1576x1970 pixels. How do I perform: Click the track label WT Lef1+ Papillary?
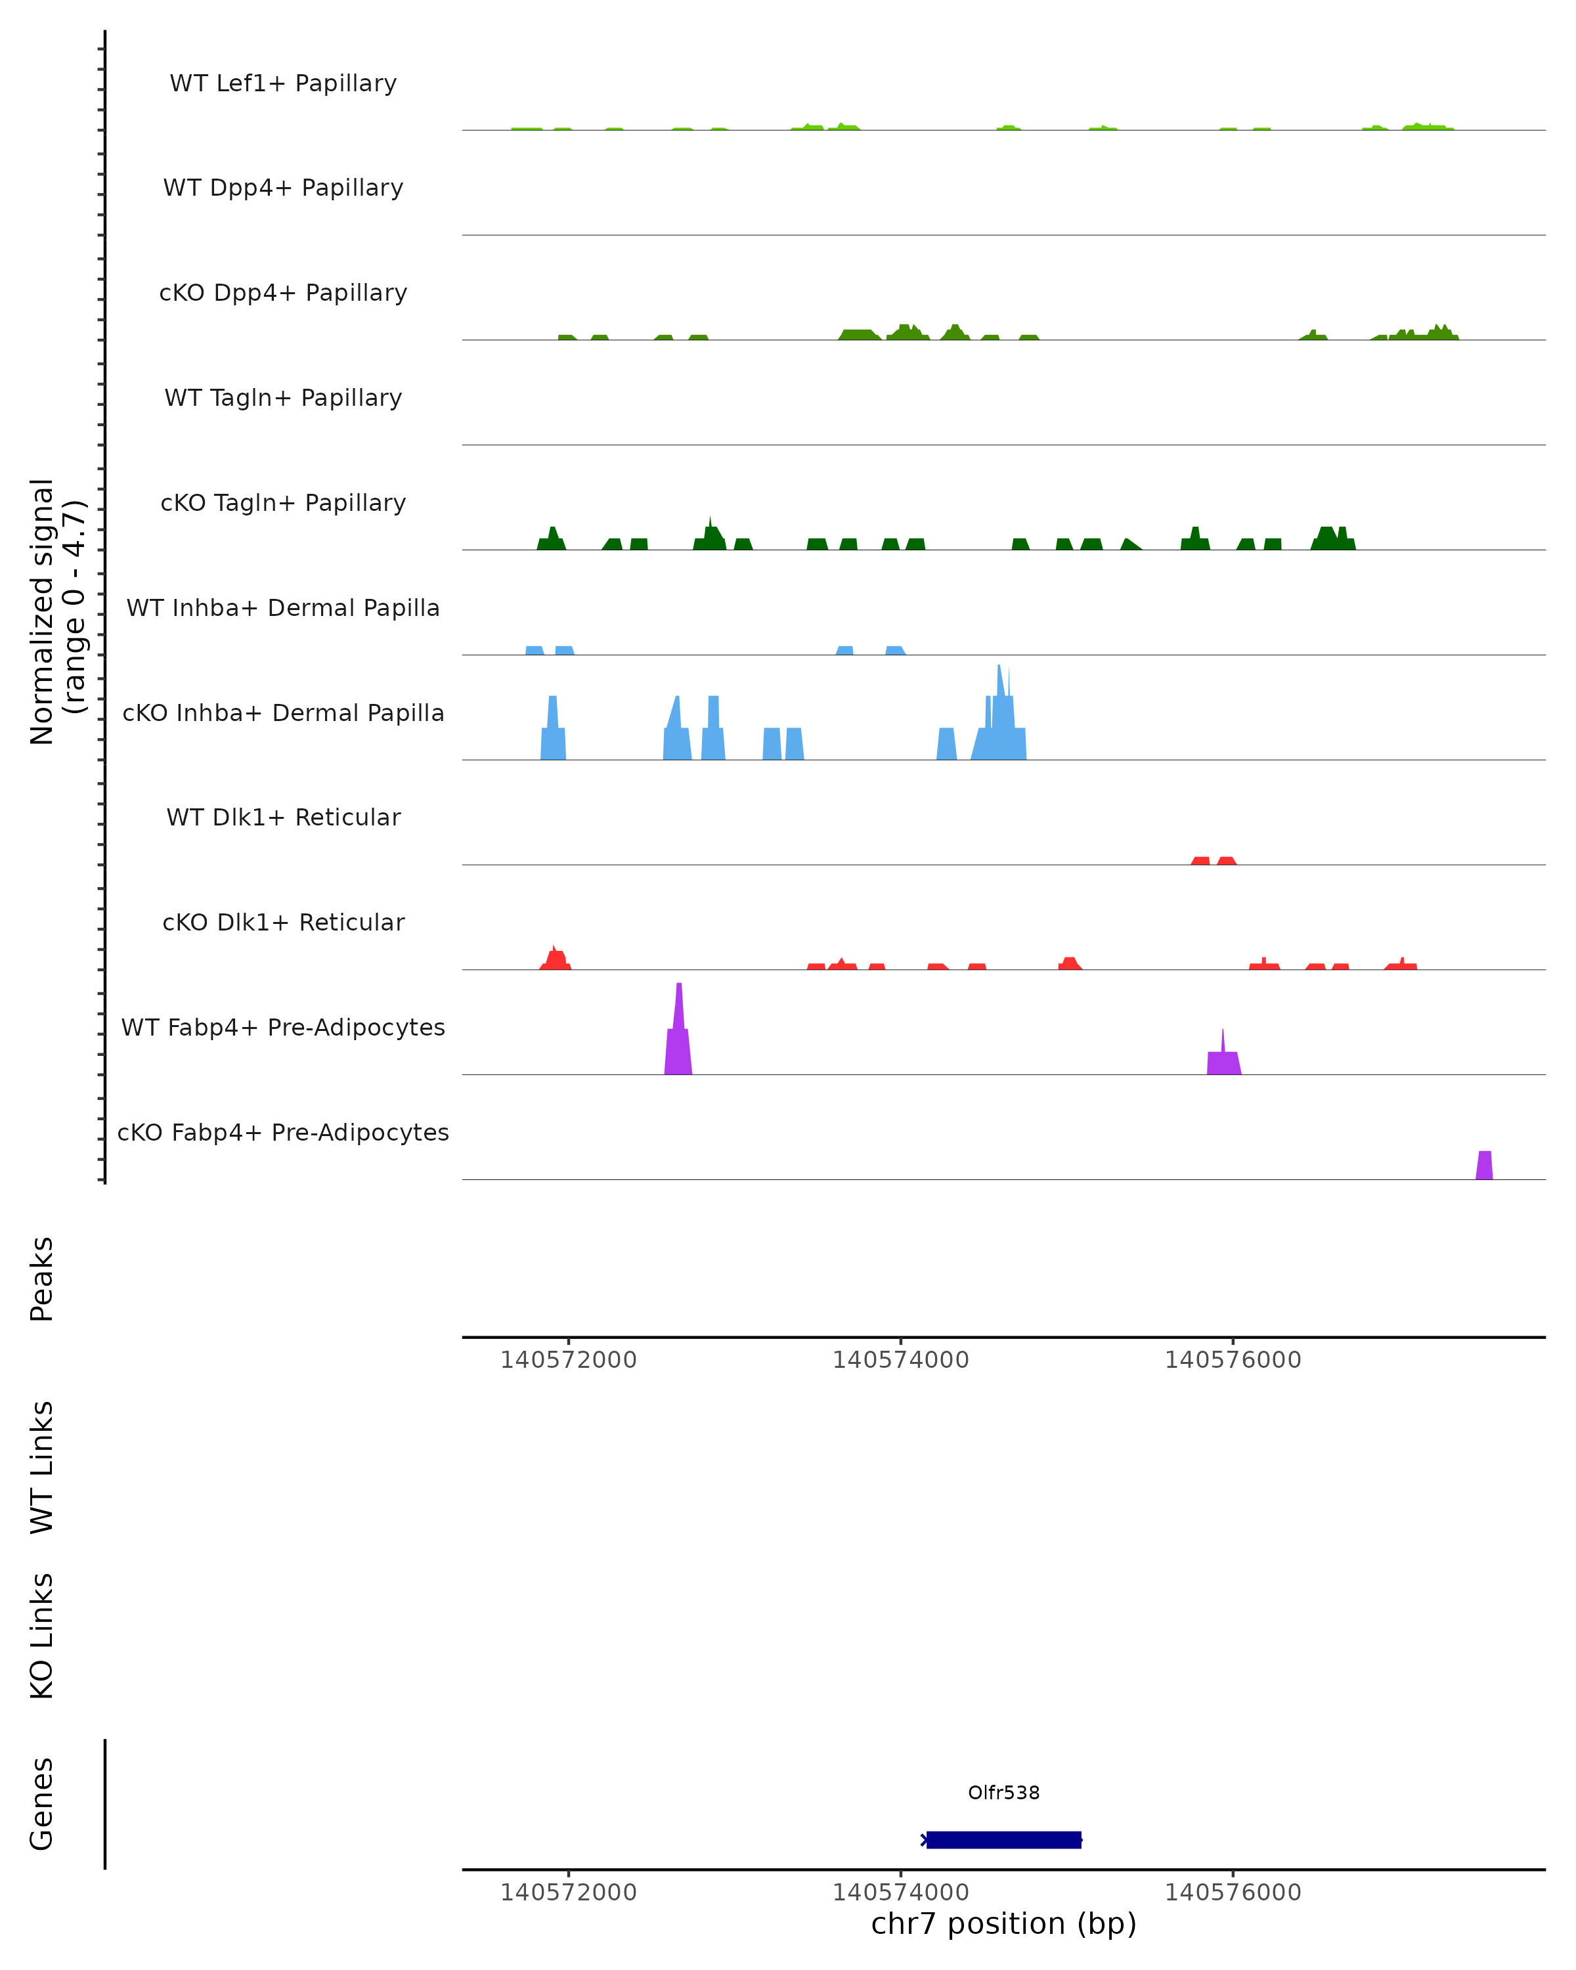coord(283,83)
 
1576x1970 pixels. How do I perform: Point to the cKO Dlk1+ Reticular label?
coord(283,922)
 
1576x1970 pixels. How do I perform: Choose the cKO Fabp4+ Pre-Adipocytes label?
coord(283,1132)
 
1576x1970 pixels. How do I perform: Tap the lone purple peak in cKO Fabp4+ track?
coord(1483,1166)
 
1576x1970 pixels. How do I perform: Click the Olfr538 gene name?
coord(1003,1792)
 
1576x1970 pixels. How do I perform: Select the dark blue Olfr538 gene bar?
coord(1003,1839)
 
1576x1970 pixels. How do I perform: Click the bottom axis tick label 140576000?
coord(1233,1893)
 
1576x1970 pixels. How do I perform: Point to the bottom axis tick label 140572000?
coord(568,1893)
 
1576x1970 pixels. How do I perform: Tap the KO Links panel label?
coord(42,1636)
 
